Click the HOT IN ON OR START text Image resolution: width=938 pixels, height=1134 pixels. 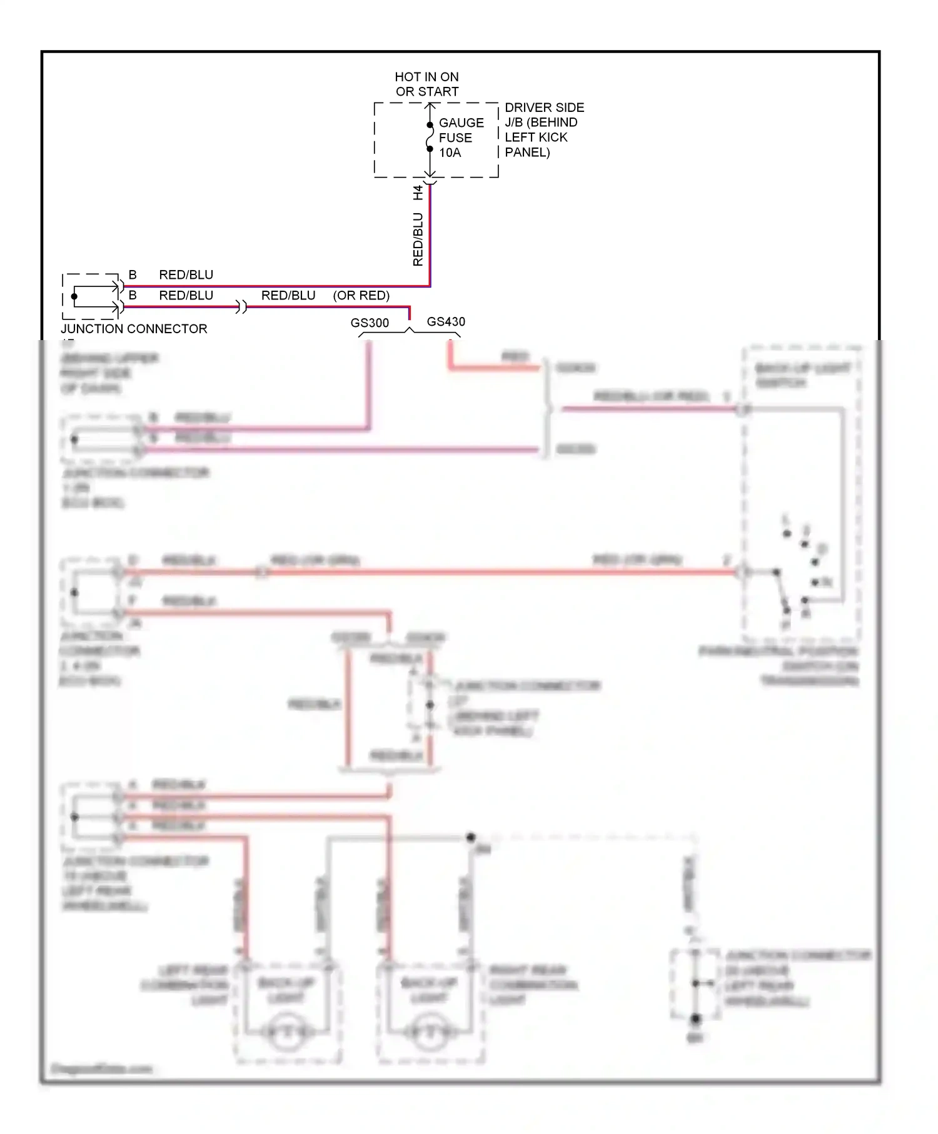426,84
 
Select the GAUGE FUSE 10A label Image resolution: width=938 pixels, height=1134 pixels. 461,138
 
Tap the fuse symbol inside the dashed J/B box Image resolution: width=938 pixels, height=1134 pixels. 430,137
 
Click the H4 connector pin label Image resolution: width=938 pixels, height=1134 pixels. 418,193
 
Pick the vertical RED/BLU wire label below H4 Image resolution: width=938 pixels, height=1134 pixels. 418,239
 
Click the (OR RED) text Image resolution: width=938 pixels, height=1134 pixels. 361,295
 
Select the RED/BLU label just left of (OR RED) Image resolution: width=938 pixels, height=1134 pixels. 288,295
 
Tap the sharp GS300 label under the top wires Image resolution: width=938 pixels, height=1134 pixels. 369,323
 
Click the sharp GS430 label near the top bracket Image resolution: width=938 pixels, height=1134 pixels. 445,321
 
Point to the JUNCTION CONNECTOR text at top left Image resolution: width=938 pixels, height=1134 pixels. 133,329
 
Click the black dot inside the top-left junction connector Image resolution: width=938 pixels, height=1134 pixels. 74,296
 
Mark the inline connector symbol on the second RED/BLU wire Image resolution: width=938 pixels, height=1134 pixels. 241,307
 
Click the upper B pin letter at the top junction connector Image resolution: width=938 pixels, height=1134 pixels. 133,274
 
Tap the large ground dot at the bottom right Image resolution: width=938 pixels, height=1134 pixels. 695,1019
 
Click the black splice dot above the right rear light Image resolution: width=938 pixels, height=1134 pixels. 471,837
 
